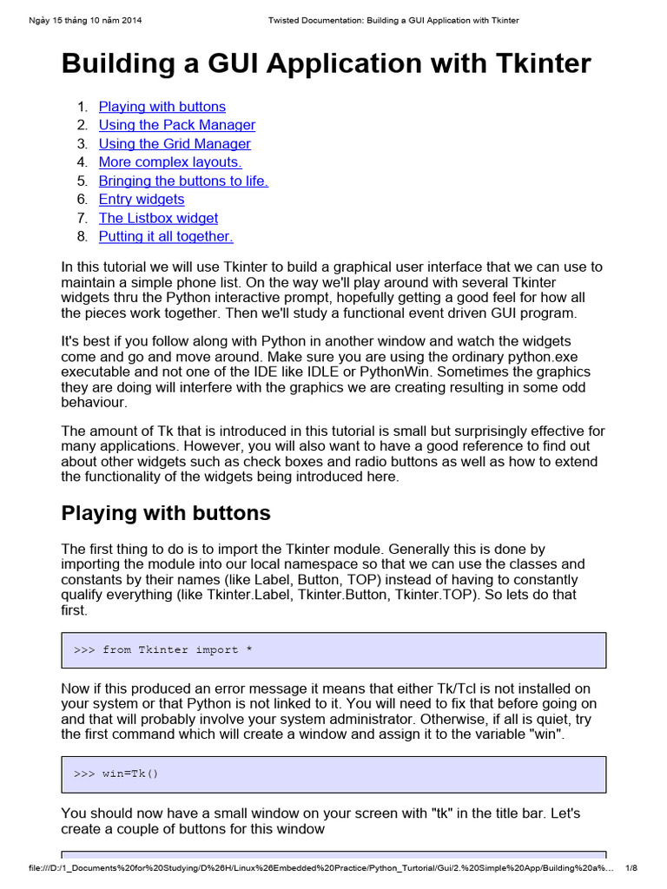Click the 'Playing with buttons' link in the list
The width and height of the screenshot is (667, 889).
coord(162,107)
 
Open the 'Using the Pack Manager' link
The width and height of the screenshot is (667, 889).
coord(176,125)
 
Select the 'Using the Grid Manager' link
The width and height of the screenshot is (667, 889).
coord(174,144)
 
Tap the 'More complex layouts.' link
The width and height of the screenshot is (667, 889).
coord(169,162)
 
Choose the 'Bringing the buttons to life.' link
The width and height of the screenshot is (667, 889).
coord(183,181)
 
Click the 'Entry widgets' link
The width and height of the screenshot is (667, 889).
coord(141,200)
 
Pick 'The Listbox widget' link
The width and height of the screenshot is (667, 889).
coord(158,218)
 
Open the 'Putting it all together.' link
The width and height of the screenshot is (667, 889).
coord(165,236)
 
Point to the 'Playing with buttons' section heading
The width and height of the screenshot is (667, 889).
coord(166,513)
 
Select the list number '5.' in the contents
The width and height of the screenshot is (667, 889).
coord(83,181)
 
